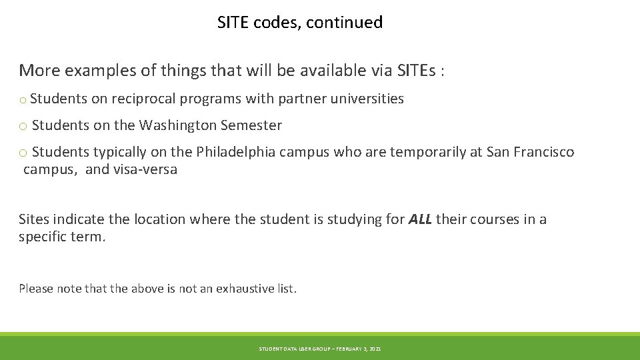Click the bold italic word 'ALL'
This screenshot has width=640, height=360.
(420, 219)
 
